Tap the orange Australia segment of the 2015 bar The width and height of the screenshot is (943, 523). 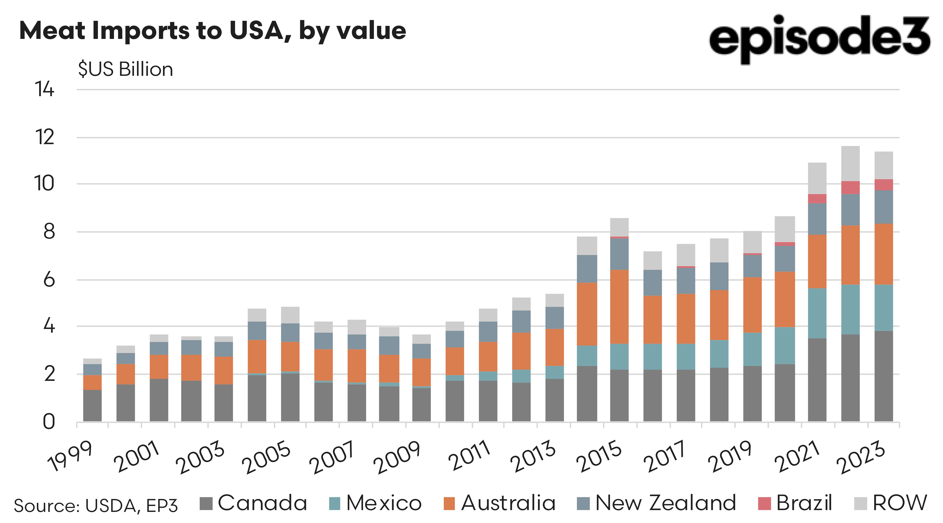tap(619, 307)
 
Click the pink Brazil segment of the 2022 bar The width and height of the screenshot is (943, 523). tap(850, 187)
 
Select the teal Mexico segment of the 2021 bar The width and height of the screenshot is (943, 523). tap(817, 313)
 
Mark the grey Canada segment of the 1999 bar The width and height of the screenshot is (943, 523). tap(92, 405)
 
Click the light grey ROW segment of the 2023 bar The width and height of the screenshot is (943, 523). tap(884, 165)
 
